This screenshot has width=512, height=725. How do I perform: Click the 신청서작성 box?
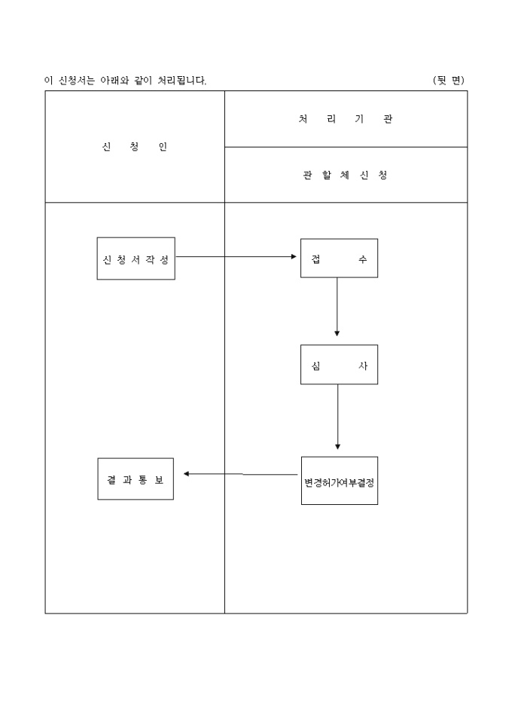point(136,258)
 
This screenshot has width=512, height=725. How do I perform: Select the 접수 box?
point(339,258)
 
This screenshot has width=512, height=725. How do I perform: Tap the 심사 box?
point(339,365)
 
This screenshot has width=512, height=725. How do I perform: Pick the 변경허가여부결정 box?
point(339,480)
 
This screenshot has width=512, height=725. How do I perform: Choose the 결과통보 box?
point(136,479)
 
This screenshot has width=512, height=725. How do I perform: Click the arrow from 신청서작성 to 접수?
point(236,257)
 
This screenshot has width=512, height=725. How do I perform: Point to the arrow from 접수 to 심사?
point(337,306)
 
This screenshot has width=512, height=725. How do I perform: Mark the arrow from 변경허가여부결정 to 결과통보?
point(241,474)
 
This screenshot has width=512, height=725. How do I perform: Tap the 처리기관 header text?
point(345,119)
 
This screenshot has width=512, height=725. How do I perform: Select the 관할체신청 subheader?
point(345,176)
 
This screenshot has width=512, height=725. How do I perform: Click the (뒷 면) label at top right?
point(449,80)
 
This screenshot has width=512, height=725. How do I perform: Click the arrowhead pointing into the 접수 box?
point(294,257)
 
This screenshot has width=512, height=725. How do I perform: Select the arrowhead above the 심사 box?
point(337,332)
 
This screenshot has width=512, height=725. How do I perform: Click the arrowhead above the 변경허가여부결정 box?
point(337,447)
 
